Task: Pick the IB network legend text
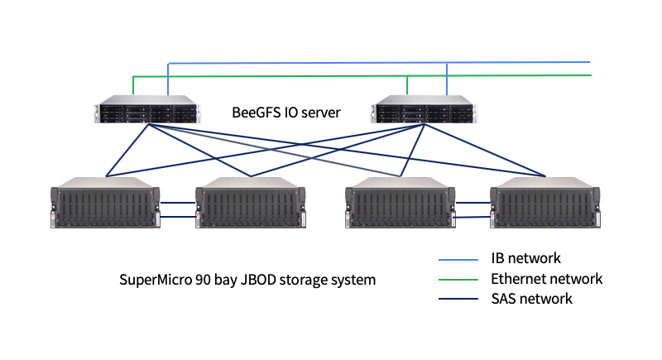(525, 259)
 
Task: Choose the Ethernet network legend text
(546, 279)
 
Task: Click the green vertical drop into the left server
(134, 87)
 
